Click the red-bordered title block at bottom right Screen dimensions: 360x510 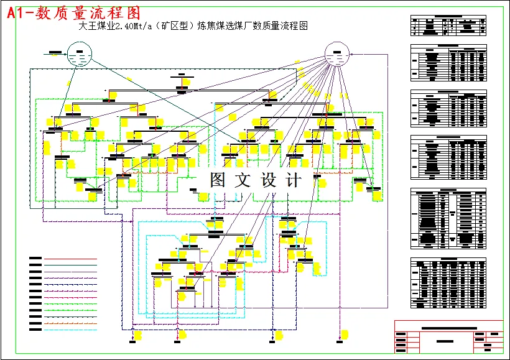tap(448, 336)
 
